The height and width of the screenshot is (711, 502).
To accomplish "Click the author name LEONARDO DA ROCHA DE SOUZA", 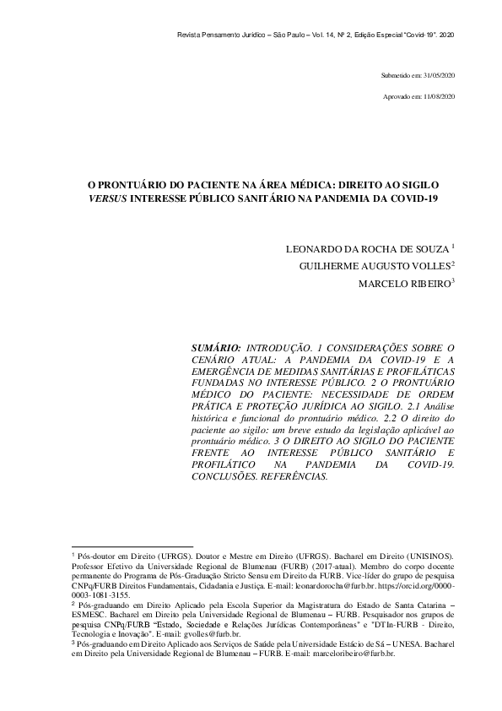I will click(x=368, y=249).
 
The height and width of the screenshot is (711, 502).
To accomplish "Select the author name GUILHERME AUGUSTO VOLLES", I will click(x=376, y=267).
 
